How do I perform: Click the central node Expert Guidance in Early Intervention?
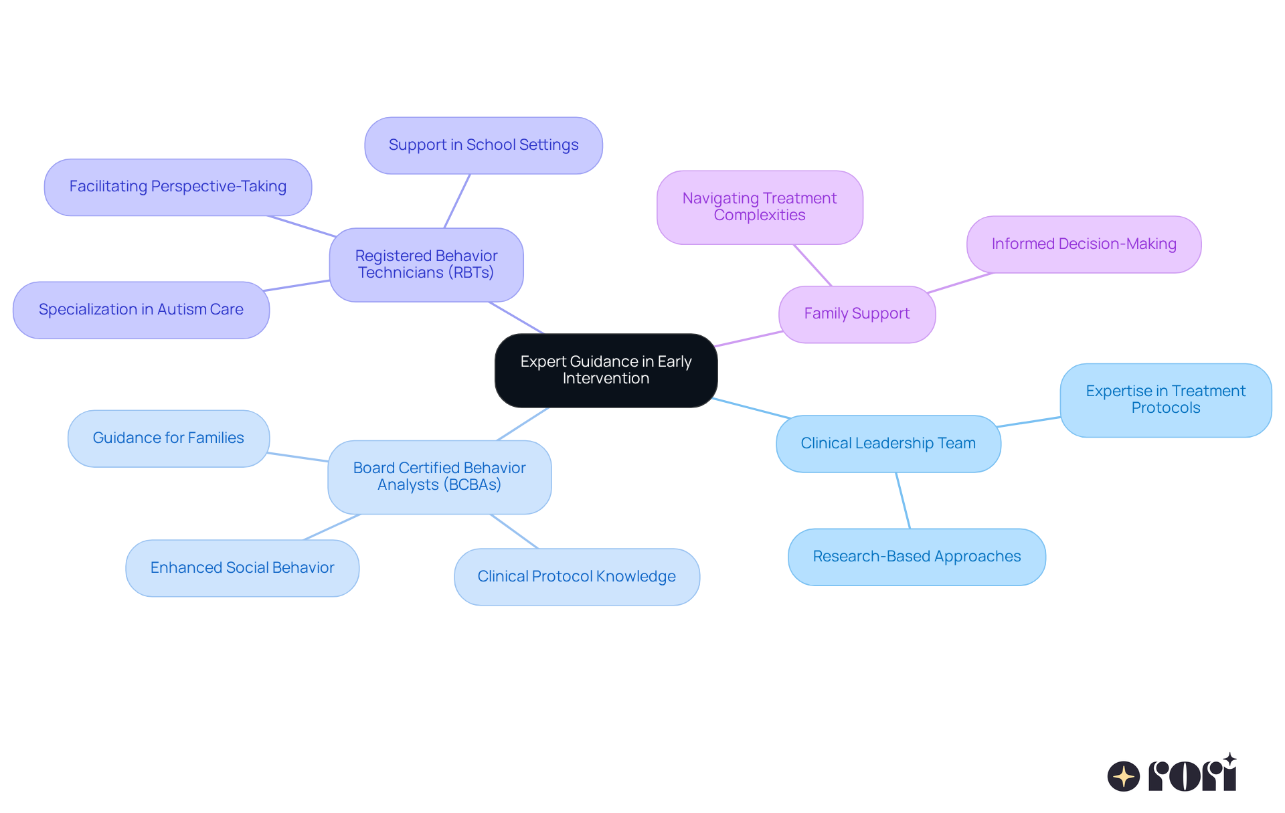tap(606, 370)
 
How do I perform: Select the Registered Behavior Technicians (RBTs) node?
tap(426, 264)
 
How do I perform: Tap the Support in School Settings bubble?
tap(483, 145)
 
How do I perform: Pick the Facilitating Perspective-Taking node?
tap(178, 187)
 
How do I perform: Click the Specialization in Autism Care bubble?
tap(141, 310)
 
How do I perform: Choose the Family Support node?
tap(857, 314)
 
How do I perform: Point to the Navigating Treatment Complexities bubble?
tap(760, 207)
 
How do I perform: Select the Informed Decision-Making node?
tap(1084, 244)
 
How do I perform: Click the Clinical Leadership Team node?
tap(888, 444)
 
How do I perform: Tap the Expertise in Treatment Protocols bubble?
tap(1165, 399)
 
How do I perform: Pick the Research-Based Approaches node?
tap(916, 557)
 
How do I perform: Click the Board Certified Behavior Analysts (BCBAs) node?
tap(439, 476)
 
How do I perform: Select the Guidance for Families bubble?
tap(169, 438)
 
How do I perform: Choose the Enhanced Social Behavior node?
tap(242, 568)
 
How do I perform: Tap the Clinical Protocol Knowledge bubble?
tap(576, 577)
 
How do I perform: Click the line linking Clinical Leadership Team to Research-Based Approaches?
tap(903, 501)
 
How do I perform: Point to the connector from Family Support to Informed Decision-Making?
tap(960, 283)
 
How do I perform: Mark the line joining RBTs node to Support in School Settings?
tap(457, 201)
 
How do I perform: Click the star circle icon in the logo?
tap(1123, 776)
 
